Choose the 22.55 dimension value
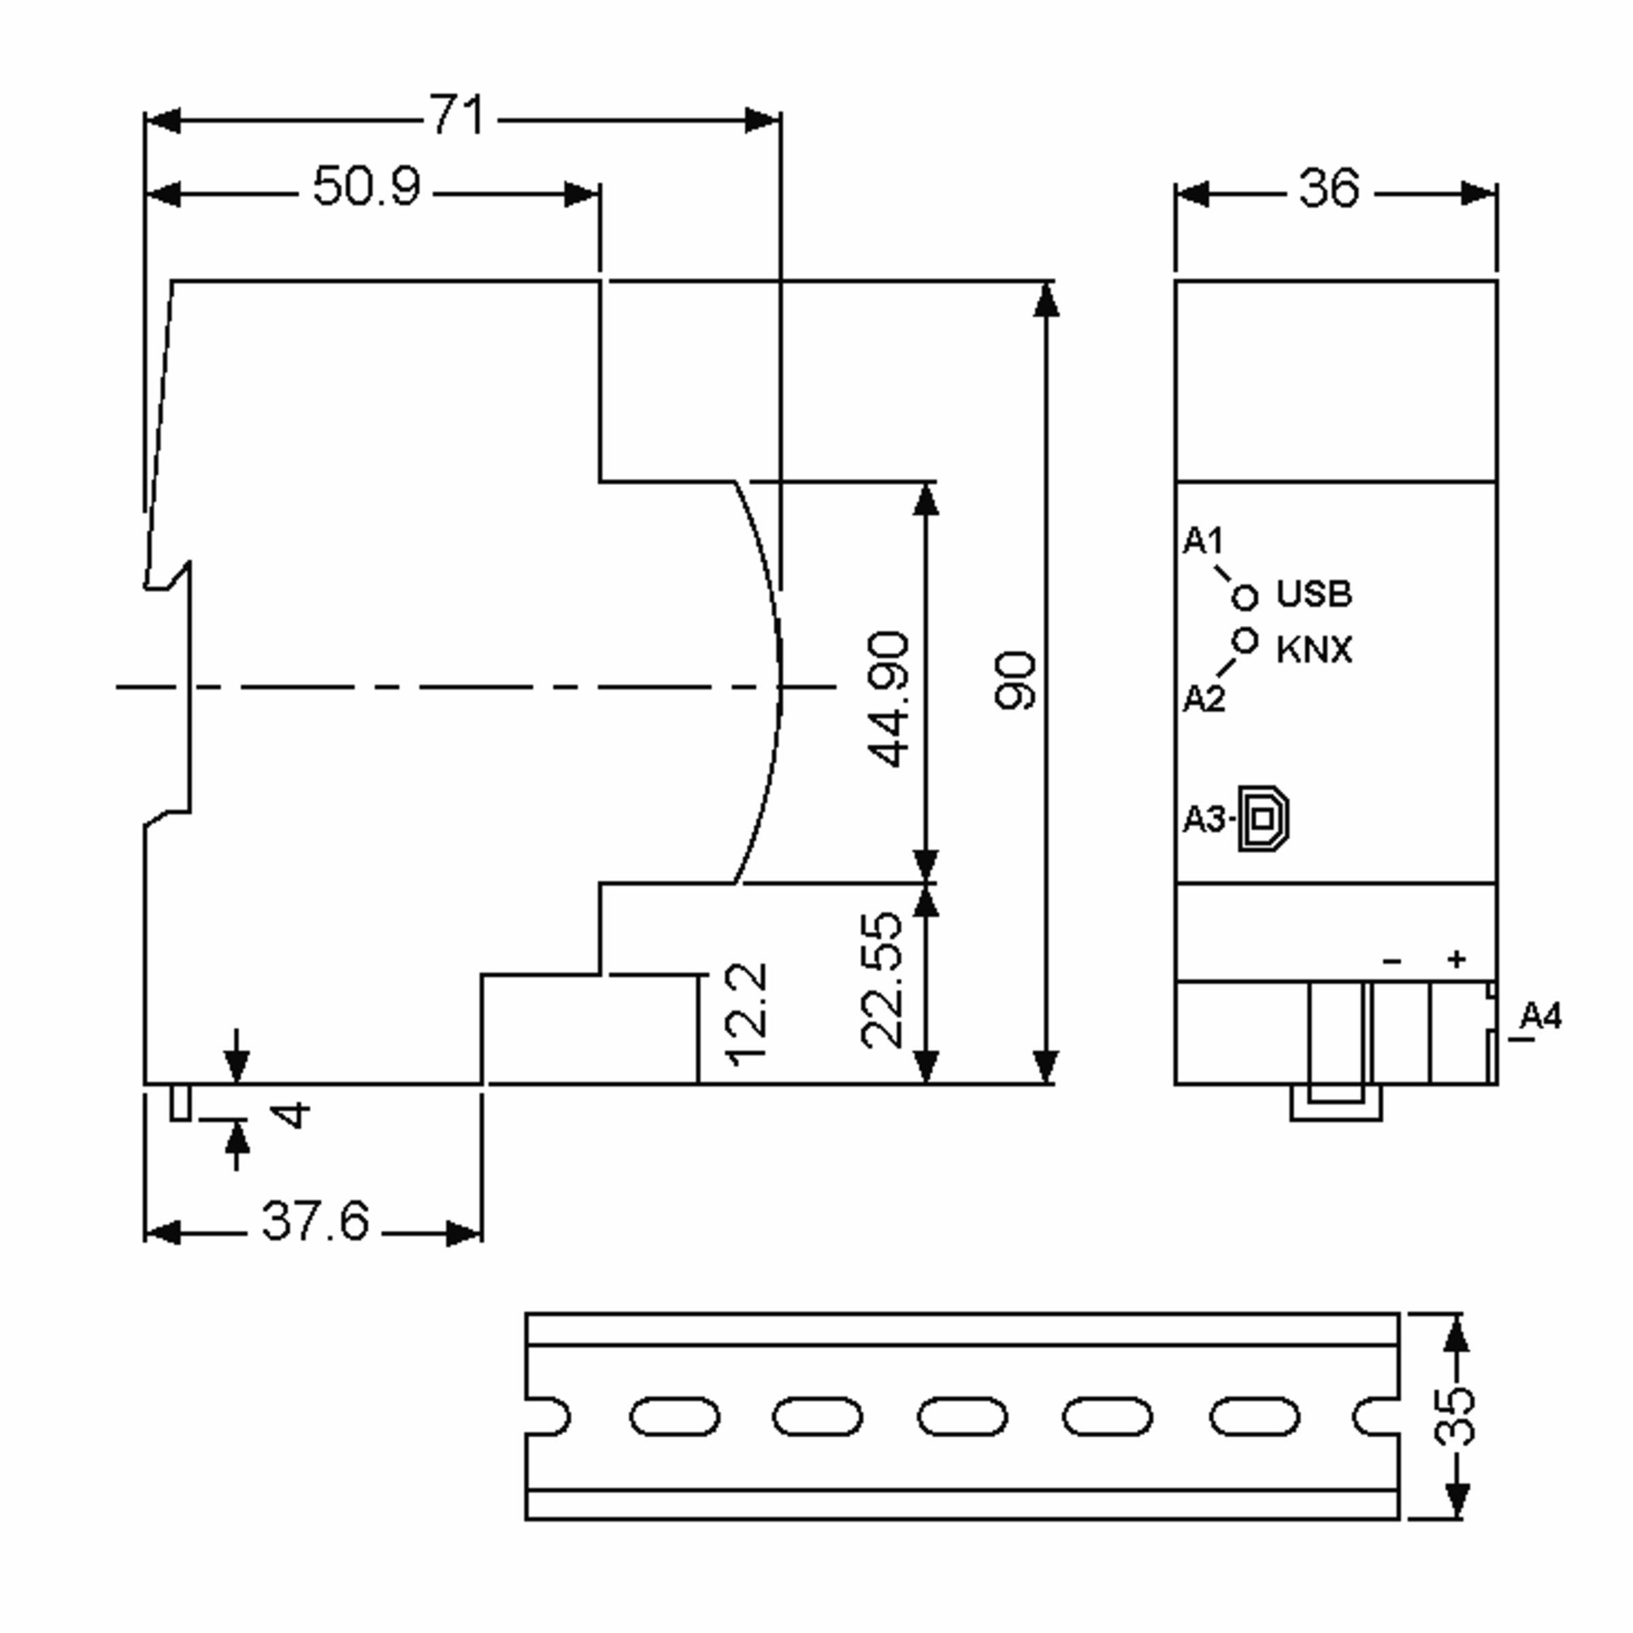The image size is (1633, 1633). (x=883, y=980)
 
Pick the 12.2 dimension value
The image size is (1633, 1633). (x=747, y=1015)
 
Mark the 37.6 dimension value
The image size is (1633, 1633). (x=315, y=1221)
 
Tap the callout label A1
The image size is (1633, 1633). (x=1203, y=541)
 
